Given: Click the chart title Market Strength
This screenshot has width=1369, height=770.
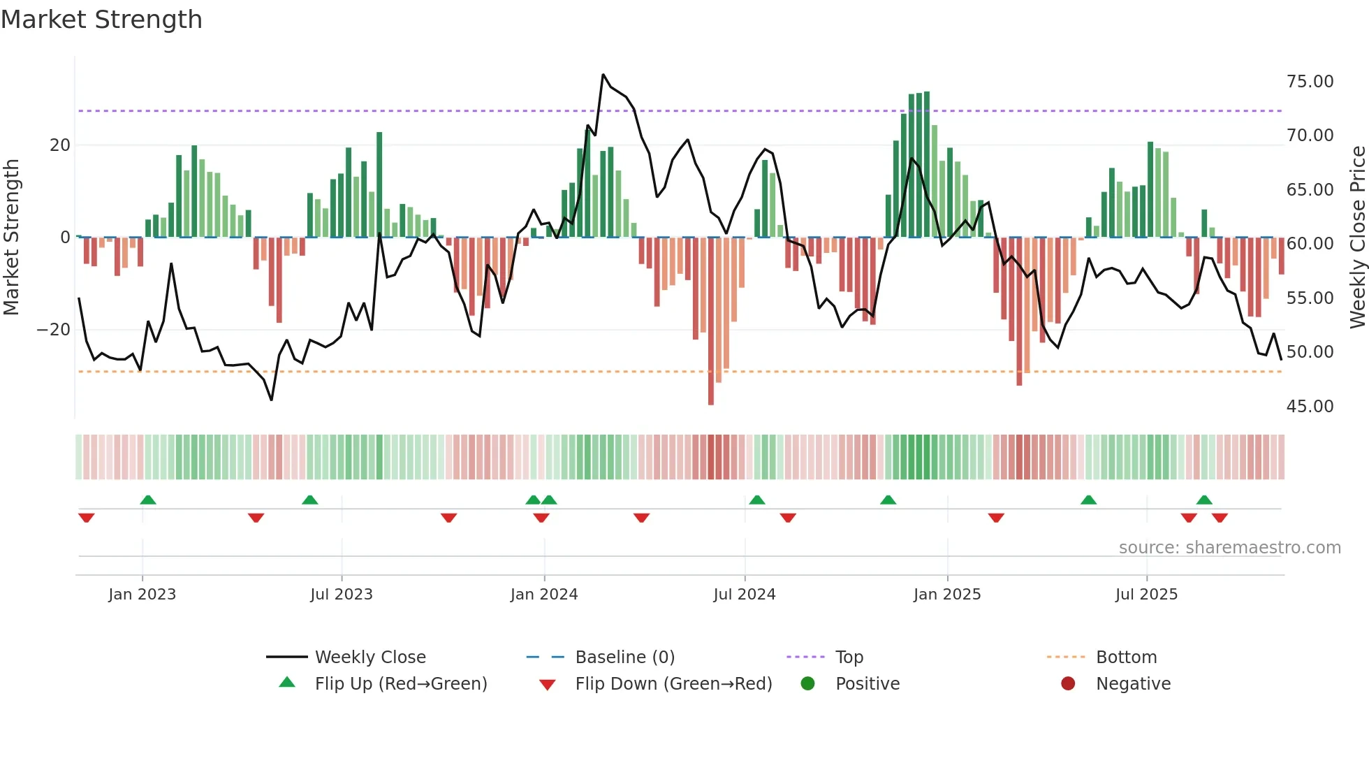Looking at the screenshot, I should point(101,20).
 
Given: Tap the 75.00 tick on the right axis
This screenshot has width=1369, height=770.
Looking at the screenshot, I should point(1310,82).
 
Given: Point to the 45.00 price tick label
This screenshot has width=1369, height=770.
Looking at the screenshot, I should point(1310,407).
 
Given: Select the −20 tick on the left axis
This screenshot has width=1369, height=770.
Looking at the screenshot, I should point(54,330).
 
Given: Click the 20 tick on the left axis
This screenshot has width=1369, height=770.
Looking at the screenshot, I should point(60,145).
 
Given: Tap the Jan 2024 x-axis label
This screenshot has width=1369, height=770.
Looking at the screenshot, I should point(544,595).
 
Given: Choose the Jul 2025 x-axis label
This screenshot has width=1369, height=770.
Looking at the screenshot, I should point(1146,595).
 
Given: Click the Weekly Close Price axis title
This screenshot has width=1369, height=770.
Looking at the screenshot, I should point(1357,238).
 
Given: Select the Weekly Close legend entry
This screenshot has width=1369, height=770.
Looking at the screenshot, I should point(369,658).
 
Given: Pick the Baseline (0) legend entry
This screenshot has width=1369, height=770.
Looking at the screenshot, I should point(624,658).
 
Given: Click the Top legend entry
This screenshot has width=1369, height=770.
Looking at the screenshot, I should point(849,658).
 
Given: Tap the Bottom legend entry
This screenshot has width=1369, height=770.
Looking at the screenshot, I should point(1126,658).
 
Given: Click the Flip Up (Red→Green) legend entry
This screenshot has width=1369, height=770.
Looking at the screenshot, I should point(400,684).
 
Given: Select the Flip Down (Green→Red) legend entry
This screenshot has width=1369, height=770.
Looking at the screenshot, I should point(673,684).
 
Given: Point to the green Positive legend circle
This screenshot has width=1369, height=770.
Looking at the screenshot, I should point(808,684).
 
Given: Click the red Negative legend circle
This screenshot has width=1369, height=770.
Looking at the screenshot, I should point(1068,684).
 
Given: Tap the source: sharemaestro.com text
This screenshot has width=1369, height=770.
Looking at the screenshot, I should point(1229,548).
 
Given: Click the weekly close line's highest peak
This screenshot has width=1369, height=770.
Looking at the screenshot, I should point(603,75).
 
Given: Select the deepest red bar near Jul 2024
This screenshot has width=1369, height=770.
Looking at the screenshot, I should point(711,321).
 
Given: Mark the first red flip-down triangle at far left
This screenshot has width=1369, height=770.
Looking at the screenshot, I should point(87,518).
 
